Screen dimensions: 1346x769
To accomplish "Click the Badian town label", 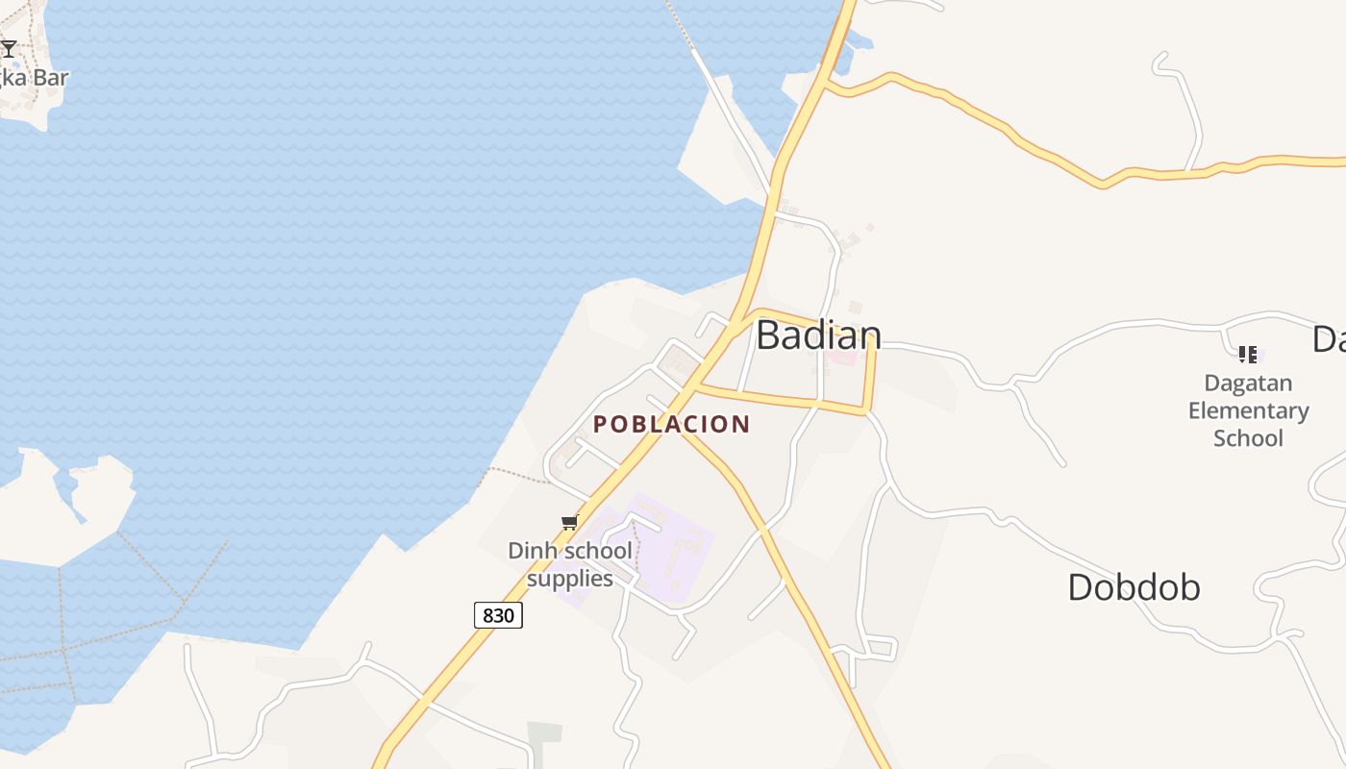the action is (818, 335).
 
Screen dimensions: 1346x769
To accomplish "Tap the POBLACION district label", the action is (671, 424).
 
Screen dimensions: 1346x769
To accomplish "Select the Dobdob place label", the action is (1134, 587).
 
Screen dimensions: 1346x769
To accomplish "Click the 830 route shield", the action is (498, 615).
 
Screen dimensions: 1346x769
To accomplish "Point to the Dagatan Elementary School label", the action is (1248, 410).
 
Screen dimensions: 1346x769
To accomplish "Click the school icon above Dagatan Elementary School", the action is (1247, 355).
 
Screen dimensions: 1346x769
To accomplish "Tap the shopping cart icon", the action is (569, 523).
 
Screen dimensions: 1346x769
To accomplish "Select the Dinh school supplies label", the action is (570, 564).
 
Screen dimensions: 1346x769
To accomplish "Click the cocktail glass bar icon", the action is (9, 48).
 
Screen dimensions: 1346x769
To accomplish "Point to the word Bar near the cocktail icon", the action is (51, 78).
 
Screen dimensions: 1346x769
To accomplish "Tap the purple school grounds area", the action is (673, 553).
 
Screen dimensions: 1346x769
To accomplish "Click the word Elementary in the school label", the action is (1248, 410).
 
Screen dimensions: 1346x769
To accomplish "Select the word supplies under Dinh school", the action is (570, 579).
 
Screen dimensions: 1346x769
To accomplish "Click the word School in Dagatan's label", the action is (1248, 438).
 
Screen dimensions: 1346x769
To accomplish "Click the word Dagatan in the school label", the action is (1248, 384).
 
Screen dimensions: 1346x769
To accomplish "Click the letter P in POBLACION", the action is (601, 424).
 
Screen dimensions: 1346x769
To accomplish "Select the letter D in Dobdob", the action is (1080, 587).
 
